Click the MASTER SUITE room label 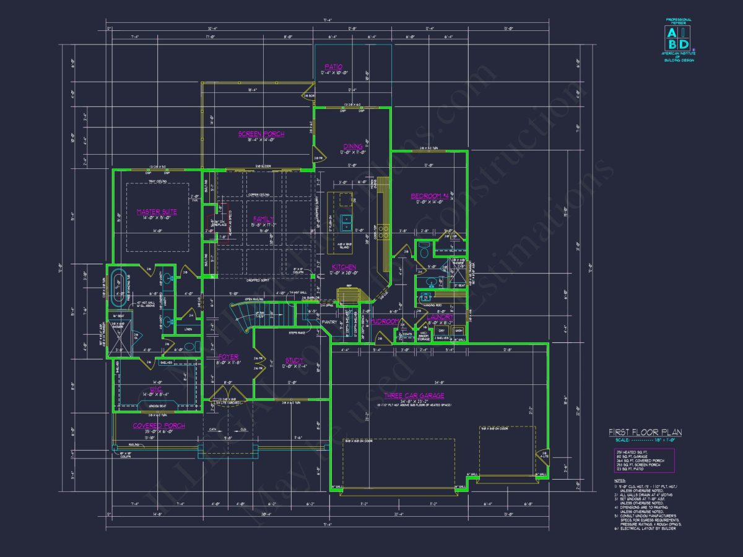157,212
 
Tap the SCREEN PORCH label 261,134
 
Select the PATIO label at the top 333,67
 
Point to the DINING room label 352,147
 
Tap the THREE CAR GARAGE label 414,395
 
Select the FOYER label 228,357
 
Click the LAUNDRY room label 440,317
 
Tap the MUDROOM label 383,322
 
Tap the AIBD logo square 679,38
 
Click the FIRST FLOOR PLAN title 645,432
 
